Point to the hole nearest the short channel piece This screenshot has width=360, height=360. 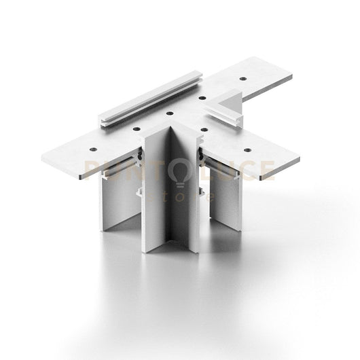click(202, 98)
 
